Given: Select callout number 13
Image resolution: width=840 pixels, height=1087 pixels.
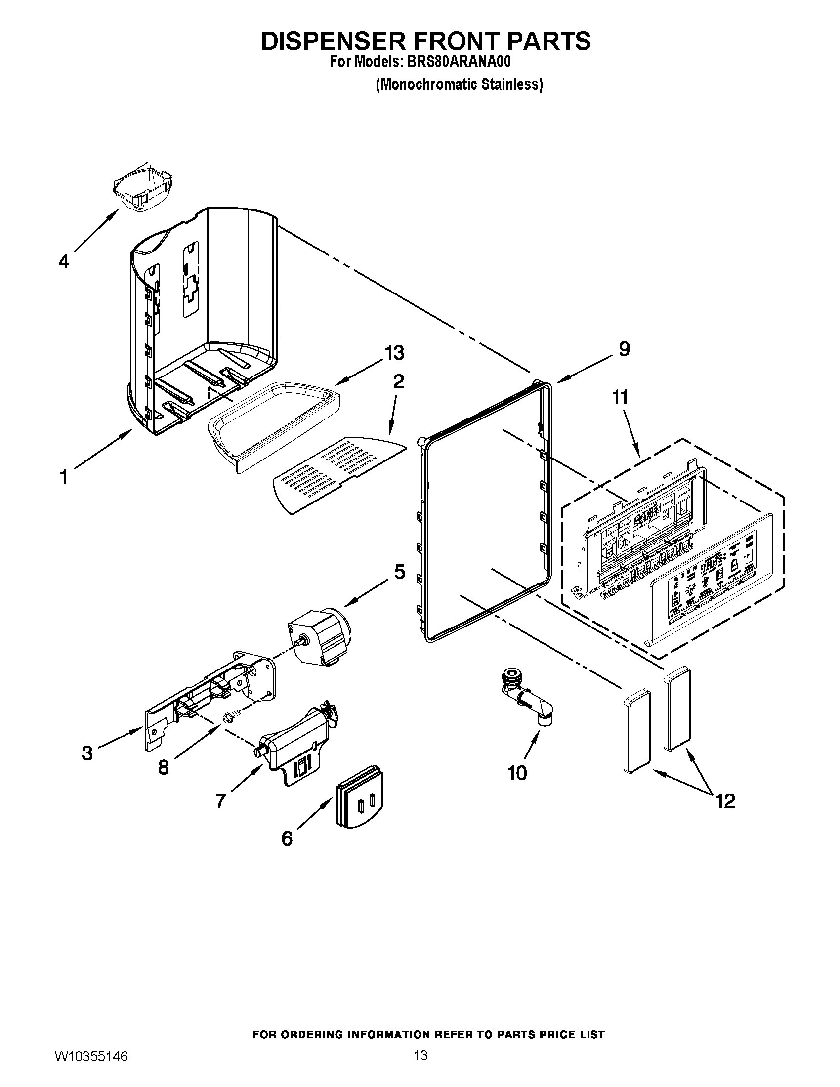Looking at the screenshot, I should coord(394,353).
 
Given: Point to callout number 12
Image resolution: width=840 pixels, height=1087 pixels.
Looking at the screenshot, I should coord(725,801).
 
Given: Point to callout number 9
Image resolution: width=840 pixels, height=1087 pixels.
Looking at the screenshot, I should coord(624,349).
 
